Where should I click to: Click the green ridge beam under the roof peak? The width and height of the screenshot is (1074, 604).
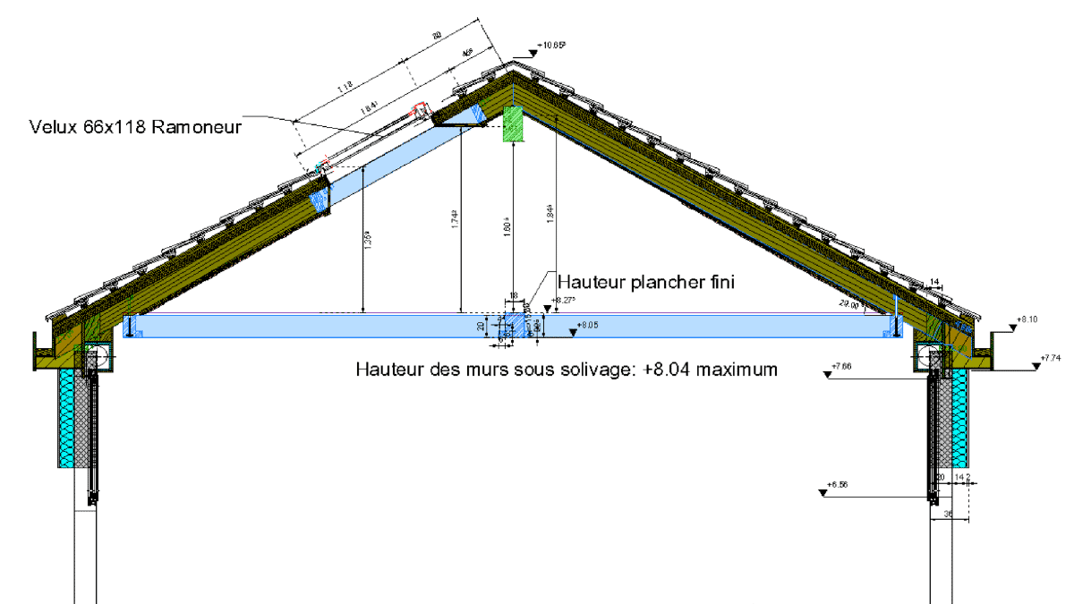click(512, 123)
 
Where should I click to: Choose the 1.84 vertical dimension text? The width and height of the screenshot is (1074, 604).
click(550, 214)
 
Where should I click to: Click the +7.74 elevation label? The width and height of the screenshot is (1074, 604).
click(1053, 358)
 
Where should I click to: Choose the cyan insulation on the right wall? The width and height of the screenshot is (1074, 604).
click(959, 420)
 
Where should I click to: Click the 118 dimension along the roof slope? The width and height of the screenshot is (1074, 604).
click(345, 87)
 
